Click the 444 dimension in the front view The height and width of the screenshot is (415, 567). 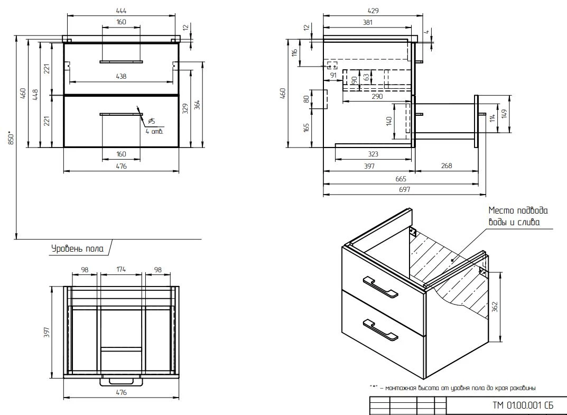click(121, 11)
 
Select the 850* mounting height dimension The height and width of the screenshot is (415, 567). click(12, 138)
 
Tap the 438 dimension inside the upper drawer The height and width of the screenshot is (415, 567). click(121, 76)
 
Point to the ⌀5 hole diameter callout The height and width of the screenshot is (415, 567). click(152, 121)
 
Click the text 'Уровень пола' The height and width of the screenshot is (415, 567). click(77, 248)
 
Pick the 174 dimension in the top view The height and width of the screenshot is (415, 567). click(121, 269)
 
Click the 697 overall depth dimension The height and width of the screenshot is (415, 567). click(405, 189)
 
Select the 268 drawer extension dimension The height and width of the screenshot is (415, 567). click(447, 165)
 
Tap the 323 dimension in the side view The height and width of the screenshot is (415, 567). click(373, 154)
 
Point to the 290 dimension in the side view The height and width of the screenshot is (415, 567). click(377, 96)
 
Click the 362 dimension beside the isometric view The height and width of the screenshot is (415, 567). click(495, 307)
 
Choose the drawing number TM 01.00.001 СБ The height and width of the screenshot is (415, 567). click(523, 405)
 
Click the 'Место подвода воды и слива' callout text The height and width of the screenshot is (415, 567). click(518, 216)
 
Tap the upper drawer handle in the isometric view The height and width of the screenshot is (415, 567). click(380, 287)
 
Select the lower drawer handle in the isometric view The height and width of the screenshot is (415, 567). click(380, 329)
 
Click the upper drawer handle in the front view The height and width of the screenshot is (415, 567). click(121, 62)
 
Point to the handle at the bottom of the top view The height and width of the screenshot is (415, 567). click(121, 382)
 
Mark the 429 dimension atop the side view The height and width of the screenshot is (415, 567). click(373, 11)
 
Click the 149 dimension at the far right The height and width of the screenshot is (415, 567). click(505, 114)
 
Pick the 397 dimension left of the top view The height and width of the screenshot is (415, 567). click(47, 332)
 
